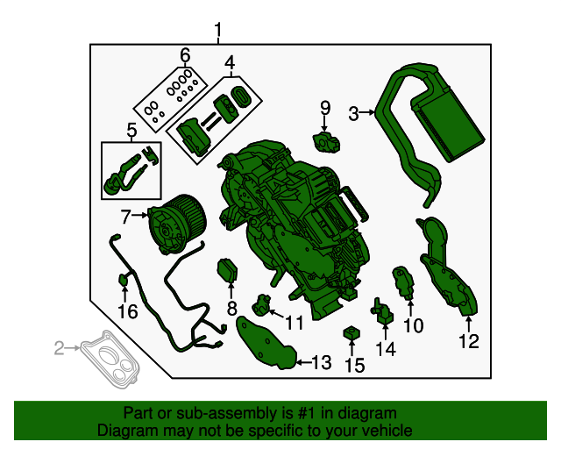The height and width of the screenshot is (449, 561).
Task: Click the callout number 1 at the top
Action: click(x=218, y=33)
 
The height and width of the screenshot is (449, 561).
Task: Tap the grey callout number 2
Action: click(x=60, y=349)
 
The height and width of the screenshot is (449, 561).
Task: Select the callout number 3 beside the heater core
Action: click(x=354, y=112)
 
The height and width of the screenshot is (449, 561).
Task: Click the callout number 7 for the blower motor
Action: click(x=125, y=215)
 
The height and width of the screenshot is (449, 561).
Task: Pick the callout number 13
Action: click(x=321, y=361)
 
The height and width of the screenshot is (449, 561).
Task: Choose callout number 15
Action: click(x=353, y=364)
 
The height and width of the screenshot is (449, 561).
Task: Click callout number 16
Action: click(x=127, y=311)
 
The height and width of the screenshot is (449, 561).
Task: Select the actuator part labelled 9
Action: click(x=326, y=138)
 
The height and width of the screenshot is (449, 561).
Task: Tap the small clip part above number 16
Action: click(x=124, y=280)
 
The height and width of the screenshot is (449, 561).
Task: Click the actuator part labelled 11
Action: click(x=262, y=305)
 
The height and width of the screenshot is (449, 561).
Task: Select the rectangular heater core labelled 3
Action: click(x=451, y=118)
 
